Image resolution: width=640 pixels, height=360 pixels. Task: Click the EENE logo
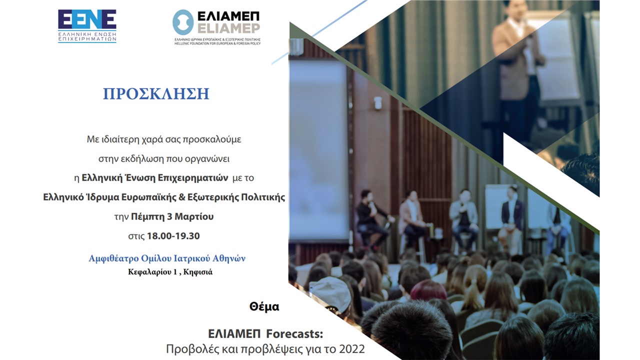(87, 26)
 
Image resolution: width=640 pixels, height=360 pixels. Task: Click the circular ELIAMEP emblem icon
(183, 22)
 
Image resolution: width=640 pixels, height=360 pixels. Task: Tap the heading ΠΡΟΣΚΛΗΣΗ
(156, 93)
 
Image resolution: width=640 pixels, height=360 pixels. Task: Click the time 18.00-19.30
(173, 236)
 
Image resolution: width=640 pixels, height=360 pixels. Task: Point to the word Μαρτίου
(194, 216)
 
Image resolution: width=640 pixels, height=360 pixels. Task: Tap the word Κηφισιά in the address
(197, 272)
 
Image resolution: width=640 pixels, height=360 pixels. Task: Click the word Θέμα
(264, 306)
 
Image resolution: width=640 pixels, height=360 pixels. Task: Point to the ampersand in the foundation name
(182, 197)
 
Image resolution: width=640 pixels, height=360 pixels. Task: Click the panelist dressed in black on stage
(371, 219)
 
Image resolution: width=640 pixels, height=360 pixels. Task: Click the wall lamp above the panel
(377, 102)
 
